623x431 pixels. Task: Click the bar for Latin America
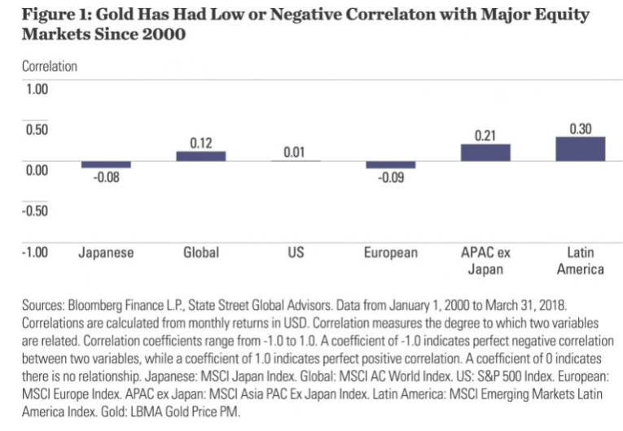click(580, 149)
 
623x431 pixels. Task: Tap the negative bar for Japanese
click(106, 164)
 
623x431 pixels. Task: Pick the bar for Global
click(201, 156)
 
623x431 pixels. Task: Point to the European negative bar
click(391, 164)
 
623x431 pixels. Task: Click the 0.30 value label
click(581, 128)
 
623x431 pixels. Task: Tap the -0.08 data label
click(106, 178)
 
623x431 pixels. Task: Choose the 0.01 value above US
click(295, 152)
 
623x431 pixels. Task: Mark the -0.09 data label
click(391, 178)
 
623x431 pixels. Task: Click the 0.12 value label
click(201, 143)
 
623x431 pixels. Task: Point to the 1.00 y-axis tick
click(37, 88)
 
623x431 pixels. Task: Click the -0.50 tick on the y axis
click(35, 211)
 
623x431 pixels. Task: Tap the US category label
click(296, 252)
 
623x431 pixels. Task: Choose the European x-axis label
click(391, 252)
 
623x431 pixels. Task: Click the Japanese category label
click(106, 252)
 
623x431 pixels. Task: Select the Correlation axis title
click(49, 67)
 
